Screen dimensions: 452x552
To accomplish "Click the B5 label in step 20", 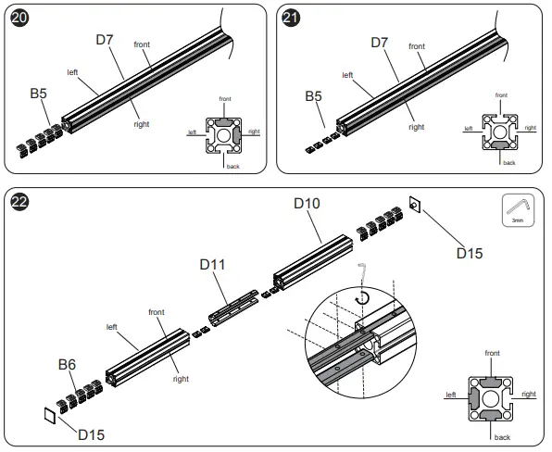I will (x=39, y=94).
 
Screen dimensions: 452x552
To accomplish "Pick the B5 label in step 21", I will (x=314, y=95).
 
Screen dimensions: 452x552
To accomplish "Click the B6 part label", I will (x=67, y=366).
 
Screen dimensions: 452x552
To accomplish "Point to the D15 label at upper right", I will (x=471, y=250).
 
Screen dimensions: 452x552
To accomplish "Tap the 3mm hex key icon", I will (x=517, y=210).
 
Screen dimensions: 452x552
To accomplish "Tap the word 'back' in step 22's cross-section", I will (x=502, y=435).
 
